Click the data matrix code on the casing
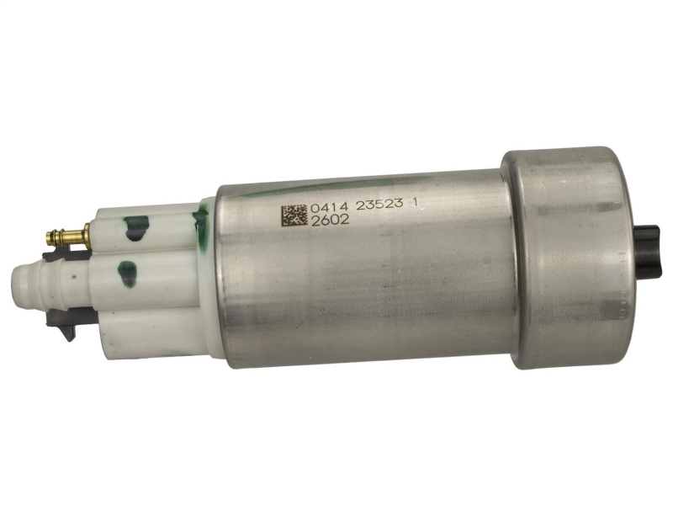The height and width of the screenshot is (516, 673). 294,215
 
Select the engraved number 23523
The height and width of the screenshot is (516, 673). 380,204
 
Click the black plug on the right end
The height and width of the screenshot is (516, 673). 647,253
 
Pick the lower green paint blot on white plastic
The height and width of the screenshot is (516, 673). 128,274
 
